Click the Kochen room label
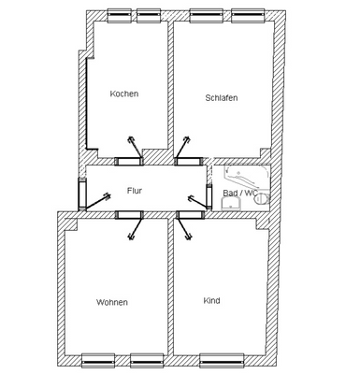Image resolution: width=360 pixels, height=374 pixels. [124, 93]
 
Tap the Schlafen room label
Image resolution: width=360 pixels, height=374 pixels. [222, 97]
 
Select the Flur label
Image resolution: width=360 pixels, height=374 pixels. [135, 191]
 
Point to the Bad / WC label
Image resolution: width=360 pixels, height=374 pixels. [240, 193]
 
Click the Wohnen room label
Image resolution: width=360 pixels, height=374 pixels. [112, 302]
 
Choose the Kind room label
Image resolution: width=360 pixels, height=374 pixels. [211, 300]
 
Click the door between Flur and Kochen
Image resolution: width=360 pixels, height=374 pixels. [129, 161]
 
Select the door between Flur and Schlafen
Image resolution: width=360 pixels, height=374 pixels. [188, 161]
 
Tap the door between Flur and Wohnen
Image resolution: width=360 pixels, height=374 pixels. [129, 215]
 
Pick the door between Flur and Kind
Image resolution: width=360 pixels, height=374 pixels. [191, 215]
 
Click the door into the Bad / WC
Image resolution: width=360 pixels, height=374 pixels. [209, 196]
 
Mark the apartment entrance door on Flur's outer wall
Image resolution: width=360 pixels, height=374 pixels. [81, 194]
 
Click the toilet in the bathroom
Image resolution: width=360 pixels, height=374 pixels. [262, 198]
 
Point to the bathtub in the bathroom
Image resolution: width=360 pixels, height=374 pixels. [247, 176]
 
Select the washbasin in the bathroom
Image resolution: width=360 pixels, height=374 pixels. [231, 204]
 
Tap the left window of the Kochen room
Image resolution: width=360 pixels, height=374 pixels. [119, 16]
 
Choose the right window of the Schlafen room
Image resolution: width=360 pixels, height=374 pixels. [246, 16]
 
